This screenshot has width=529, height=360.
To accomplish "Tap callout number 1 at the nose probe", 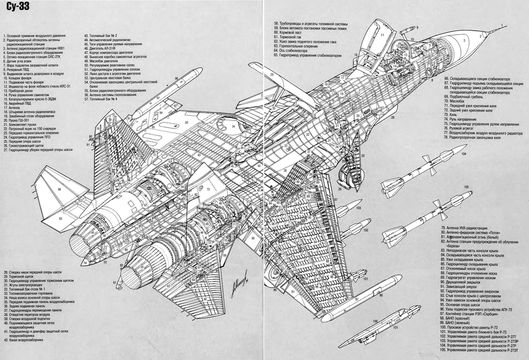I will (501, 24).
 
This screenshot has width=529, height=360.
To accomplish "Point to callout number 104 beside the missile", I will (463, 153).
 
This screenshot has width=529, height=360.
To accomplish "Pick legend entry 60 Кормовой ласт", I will (291, 32).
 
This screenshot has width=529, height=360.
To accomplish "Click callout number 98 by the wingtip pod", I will (177, 78).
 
